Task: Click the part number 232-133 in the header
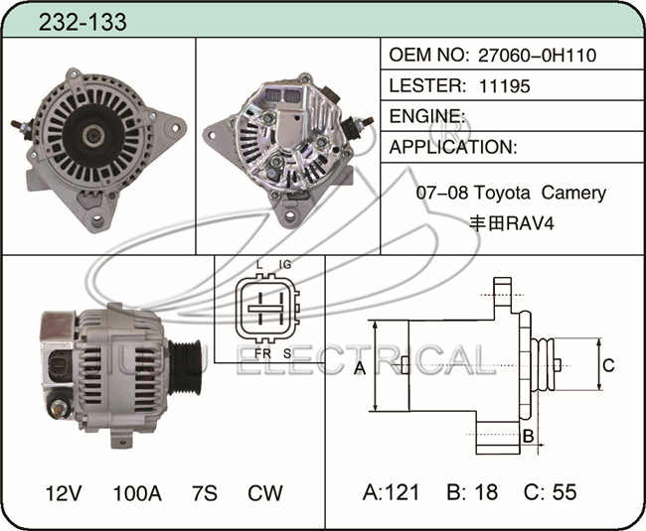coord(82,22)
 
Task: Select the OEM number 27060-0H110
coord(537,56)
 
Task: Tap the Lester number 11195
coord(504,86)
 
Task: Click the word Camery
coord(573,193)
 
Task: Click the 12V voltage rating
coord(64,493)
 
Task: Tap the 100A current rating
coord(137,493)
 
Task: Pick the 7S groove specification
coord(205,493)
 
